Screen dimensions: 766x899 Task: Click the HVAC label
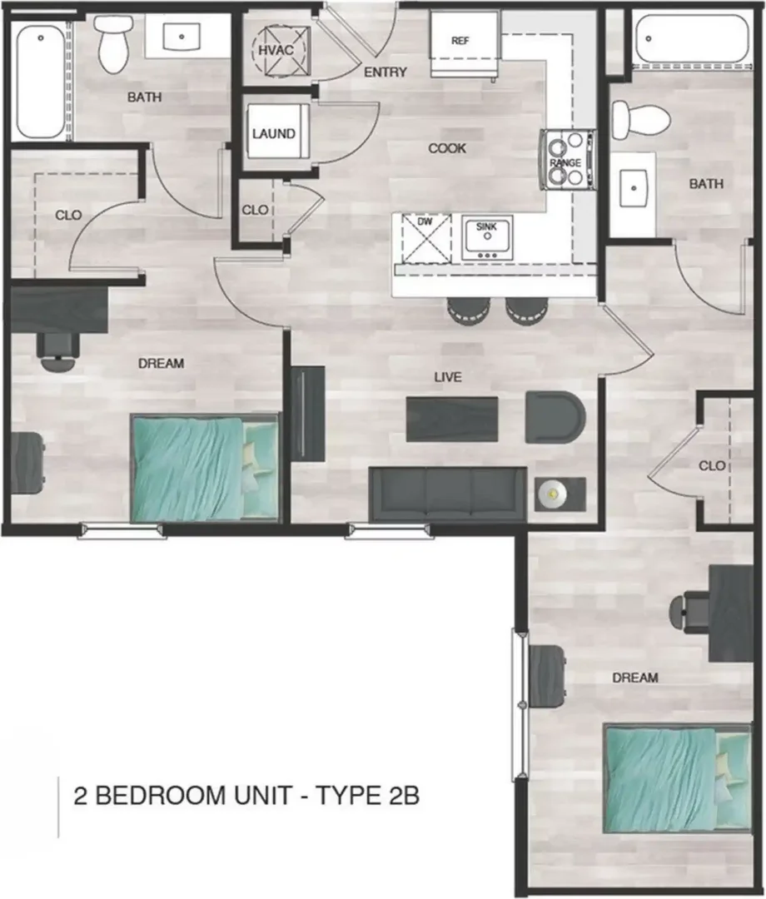[276, 51]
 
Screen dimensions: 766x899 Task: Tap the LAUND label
[273, 133]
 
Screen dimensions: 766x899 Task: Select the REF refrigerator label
[460, 41]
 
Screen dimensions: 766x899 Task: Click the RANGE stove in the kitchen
[567, 160]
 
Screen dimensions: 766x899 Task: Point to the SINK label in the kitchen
[487, 226]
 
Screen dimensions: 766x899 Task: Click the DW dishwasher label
[425, 221]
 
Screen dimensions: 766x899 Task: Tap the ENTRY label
[385, 72]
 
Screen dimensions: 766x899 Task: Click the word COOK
[447, 148]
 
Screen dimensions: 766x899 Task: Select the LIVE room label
[448, 377]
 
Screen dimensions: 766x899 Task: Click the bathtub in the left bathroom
[40, 80]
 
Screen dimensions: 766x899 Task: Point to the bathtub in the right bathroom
[692, 39]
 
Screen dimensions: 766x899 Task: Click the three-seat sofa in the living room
[448, 494]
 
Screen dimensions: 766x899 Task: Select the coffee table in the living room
[452, 419]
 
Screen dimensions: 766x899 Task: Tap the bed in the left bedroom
[204, 468]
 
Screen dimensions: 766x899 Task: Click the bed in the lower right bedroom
[678, 778]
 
